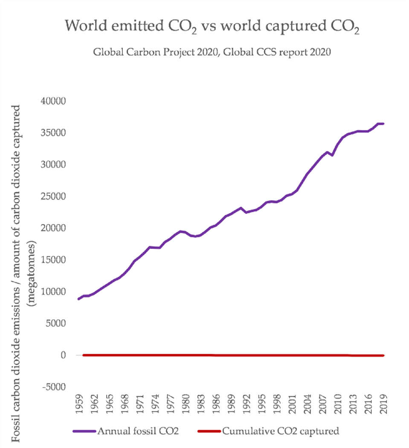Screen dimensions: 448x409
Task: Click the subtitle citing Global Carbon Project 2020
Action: coord(212,55)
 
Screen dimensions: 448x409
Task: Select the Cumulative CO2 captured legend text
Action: coord(280,431)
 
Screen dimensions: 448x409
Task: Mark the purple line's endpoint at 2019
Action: coord(383,124)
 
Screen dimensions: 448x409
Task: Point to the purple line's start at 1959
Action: coord(78,299)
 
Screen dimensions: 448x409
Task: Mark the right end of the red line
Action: coord(383,355)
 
